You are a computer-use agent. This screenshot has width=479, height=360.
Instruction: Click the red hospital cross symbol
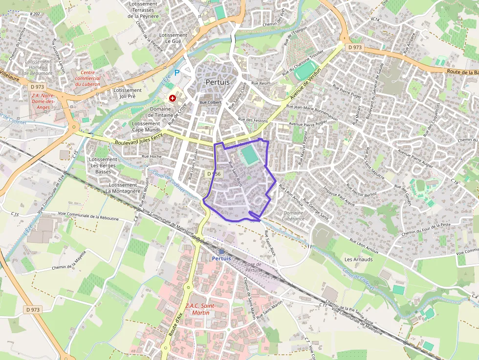(172, 98)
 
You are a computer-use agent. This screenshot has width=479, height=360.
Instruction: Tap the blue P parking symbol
(177, 73)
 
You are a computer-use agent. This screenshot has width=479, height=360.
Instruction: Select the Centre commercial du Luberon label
(87, 78)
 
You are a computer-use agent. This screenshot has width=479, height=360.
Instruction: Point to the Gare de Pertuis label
(253, 267)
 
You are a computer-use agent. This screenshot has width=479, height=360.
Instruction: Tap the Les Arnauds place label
(358, 259)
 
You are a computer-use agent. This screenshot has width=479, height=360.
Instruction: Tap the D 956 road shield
(214, 174)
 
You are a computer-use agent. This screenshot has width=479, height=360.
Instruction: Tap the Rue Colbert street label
(210, 103)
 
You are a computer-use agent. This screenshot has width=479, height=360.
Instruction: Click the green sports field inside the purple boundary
(249, 156)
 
